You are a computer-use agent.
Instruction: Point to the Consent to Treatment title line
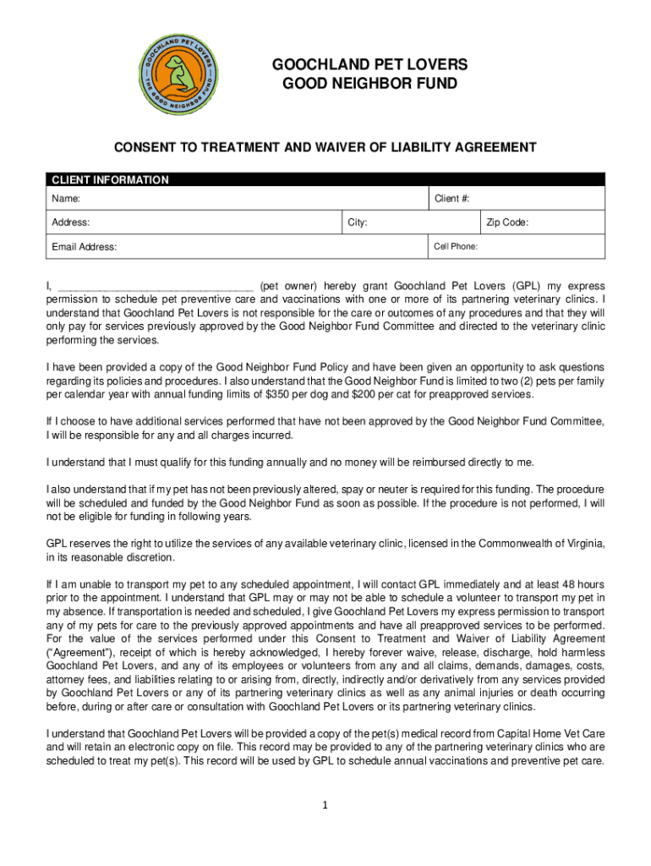325,147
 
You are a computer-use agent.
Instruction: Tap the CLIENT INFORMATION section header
110,180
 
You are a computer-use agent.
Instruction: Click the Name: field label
67,199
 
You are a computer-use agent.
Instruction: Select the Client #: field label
451,199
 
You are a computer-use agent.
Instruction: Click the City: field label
357,222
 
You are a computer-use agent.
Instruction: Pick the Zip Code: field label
507,222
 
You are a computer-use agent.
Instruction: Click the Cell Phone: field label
456,247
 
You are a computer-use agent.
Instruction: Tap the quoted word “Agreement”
78,652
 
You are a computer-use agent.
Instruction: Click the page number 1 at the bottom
325,804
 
